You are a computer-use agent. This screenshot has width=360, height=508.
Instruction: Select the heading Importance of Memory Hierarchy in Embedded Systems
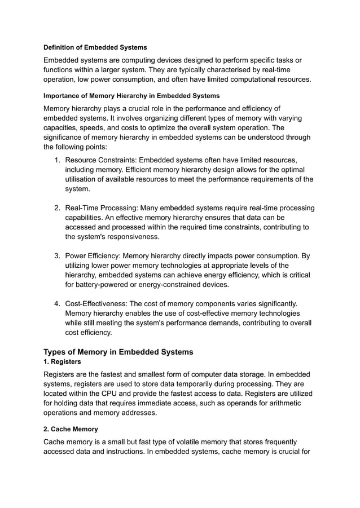tap(131, 96)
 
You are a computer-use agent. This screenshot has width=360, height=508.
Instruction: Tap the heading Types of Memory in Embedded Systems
tap(118, 352)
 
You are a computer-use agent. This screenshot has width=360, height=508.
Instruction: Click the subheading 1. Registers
tap(62, 361)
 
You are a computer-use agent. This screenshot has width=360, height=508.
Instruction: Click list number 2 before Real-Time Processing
tap(57, 208)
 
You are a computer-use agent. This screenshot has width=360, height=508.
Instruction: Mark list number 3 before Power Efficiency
tap(57, 256)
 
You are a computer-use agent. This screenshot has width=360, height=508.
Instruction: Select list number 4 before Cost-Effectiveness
tap(57, 304)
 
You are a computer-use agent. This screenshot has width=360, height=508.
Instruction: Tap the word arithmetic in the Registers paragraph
tap(280, 403)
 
